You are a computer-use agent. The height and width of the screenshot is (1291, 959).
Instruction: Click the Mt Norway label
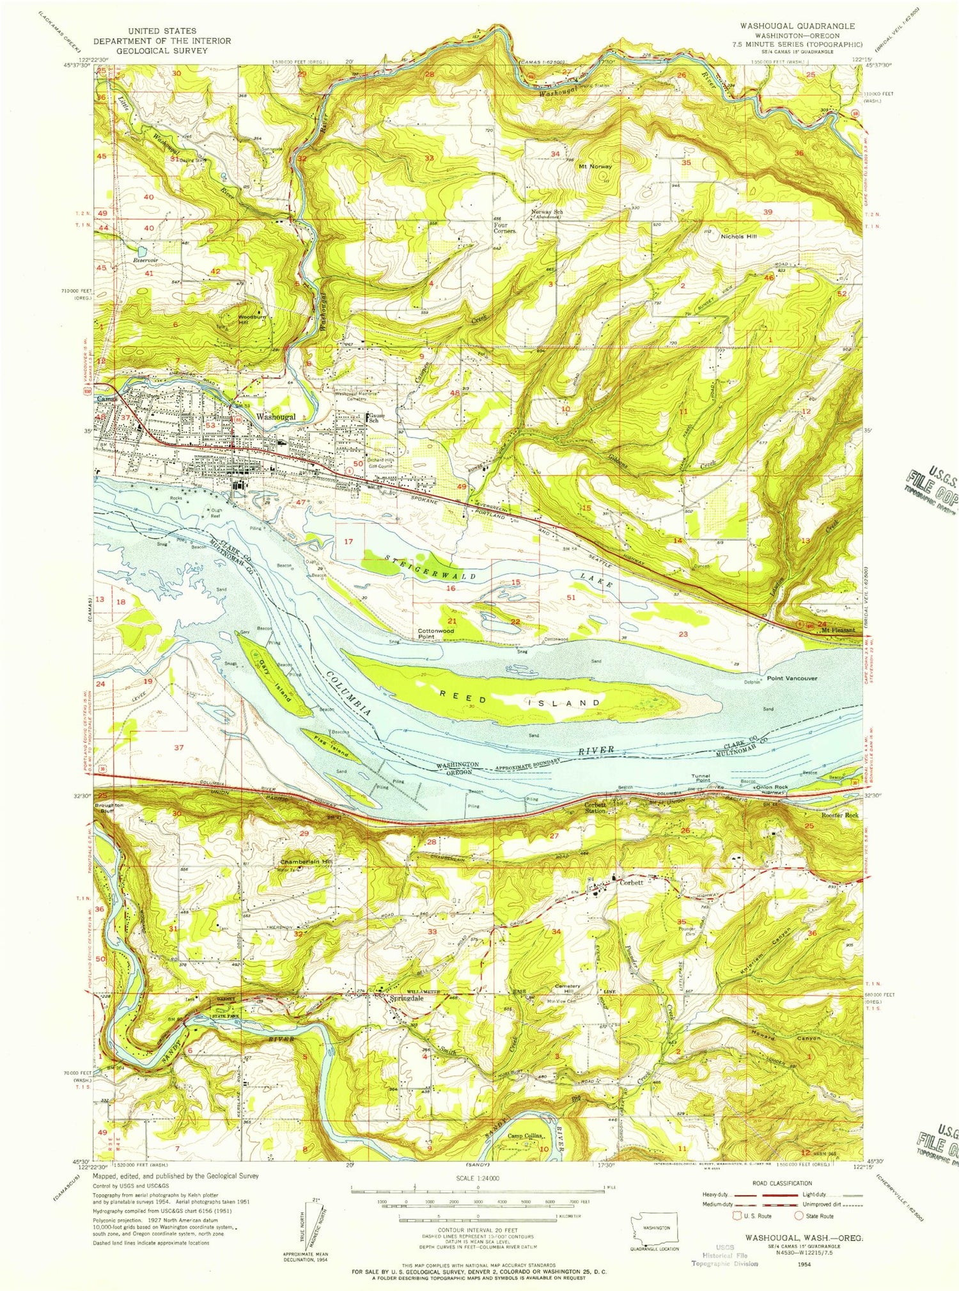(x=595, y=166)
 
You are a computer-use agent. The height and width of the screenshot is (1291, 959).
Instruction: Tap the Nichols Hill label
(x=738, y=237)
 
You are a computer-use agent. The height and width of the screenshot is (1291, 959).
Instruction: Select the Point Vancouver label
(x=791, y=678)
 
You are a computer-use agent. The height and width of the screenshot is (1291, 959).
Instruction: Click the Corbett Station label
(x=595, y=807)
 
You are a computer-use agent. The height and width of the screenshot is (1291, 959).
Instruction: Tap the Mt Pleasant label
(x=838, y=630)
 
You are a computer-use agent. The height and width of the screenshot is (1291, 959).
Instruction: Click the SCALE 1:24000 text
(x=478, y=1178)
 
